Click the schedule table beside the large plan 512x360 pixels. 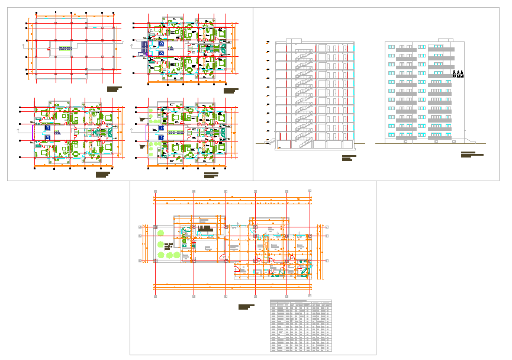click(301, 326)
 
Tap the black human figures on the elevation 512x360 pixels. click(458, 74)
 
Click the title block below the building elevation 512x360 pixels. click(471, 155)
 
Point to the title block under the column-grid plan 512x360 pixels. click(114, 89)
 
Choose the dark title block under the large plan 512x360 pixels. click(246, 307)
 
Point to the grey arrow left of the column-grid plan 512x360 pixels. click(24, 44)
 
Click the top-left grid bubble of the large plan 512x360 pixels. click(154, 192)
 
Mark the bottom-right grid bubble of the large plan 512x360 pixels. click(310, 295)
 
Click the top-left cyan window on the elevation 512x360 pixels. click(391, 46)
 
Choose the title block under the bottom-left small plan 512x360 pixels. click(103, 174)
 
